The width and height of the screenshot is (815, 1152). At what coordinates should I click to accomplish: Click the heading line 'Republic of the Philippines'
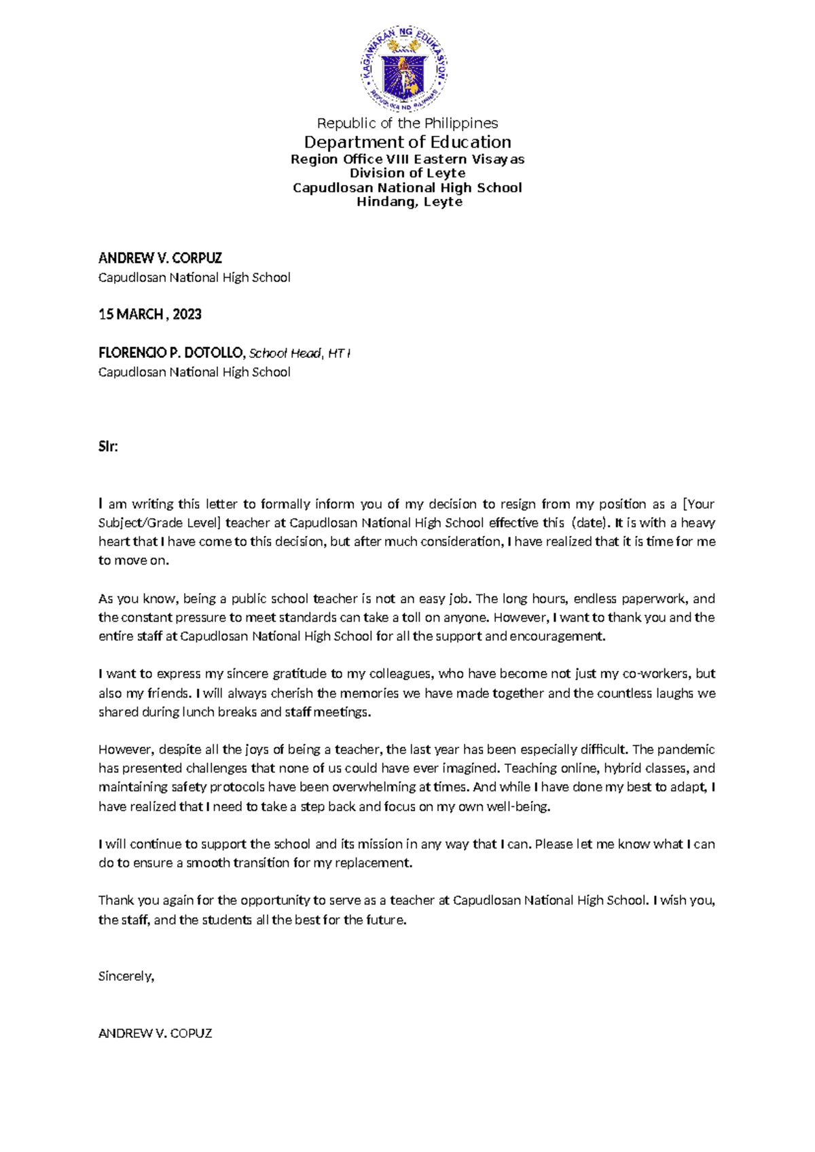tap(407, 123)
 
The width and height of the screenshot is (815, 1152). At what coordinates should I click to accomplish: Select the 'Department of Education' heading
tap(407, 142)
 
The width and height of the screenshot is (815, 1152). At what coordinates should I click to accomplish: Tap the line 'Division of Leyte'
tap(407, 173)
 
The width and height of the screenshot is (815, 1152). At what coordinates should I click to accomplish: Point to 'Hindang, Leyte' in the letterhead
tap(410, 202)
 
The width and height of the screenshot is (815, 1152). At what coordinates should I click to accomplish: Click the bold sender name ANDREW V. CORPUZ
tap(160, 258)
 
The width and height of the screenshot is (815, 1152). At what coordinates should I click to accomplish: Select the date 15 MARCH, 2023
tap(150, 314)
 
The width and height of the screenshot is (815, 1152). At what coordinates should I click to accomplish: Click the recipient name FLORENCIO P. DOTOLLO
tap(170, 353)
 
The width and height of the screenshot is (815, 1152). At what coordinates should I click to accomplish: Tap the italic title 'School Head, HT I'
tap(300, 353)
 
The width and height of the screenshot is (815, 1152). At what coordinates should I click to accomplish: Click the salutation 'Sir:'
tap(108, 447)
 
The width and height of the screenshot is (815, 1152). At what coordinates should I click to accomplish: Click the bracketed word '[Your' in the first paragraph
tap(699, 504)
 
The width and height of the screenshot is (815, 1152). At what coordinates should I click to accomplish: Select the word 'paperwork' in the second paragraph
tap(653, 599)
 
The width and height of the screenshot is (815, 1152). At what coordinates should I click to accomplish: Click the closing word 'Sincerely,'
tap(126, 976)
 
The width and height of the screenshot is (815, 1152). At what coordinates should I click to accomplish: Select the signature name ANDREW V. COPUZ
tap(156, 1033)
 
